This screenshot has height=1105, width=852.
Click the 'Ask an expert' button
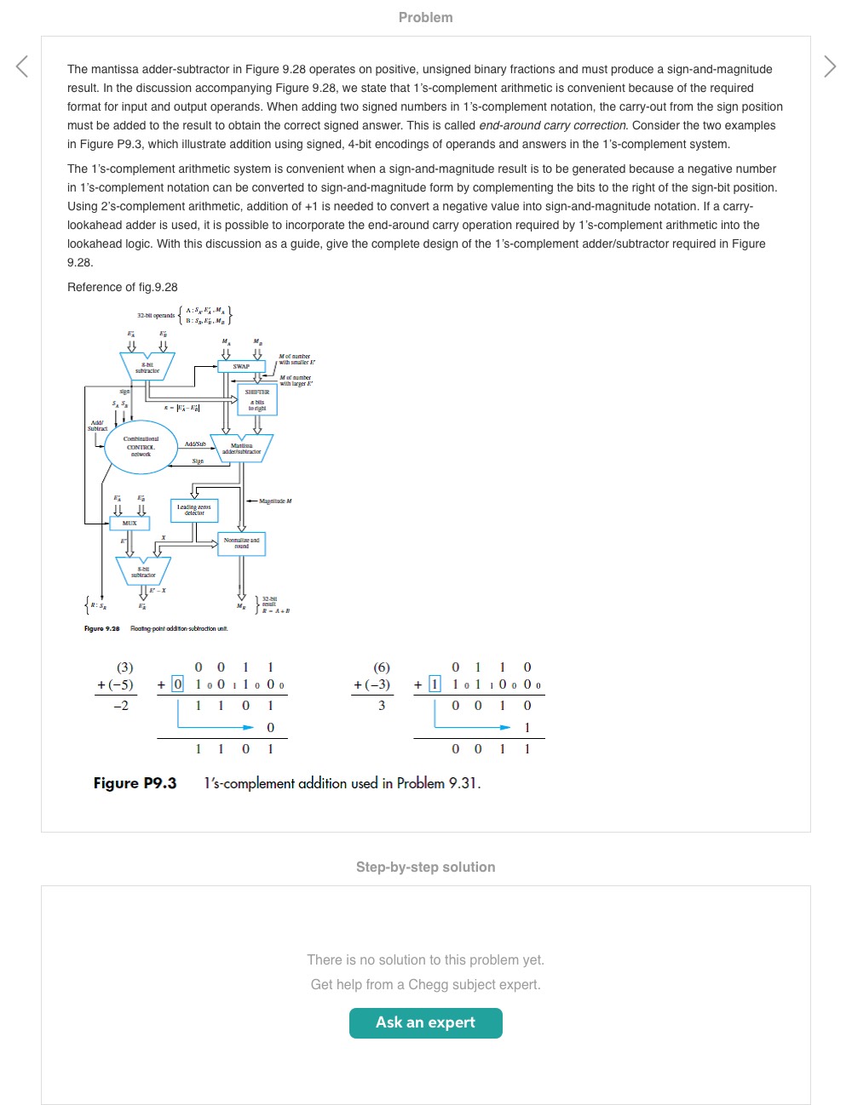coord(425,1022)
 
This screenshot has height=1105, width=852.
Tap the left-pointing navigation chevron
coord(22,66)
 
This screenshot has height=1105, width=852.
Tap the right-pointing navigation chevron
coord(830,66)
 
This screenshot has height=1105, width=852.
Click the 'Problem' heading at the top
coord(425,17)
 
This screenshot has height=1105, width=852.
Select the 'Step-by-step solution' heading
coord(425,867)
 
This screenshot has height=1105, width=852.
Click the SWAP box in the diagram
coord(242,367)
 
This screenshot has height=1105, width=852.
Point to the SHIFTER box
coord(257,399)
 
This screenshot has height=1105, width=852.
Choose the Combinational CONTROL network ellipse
coord(141,447)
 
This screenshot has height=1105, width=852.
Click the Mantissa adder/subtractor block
coord(242,448)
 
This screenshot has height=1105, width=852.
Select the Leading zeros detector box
coord(194,510)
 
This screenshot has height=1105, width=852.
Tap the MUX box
coord(130,523)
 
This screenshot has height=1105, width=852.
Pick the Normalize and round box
coord(242,543)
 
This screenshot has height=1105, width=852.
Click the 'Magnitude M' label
coord(275,501)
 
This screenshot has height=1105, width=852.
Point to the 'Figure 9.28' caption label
coord(101,628)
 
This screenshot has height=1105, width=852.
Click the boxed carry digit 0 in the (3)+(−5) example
coord(177,684)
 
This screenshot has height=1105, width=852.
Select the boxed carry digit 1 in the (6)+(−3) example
coord(435,684)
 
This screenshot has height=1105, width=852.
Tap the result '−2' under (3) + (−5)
coord(121,706)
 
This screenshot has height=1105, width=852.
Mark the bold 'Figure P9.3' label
coord(135,783)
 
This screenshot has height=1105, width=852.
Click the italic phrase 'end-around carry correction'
coord(552,125)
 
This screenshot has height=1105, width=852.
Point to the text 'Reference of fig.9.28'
coord(123,287)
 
